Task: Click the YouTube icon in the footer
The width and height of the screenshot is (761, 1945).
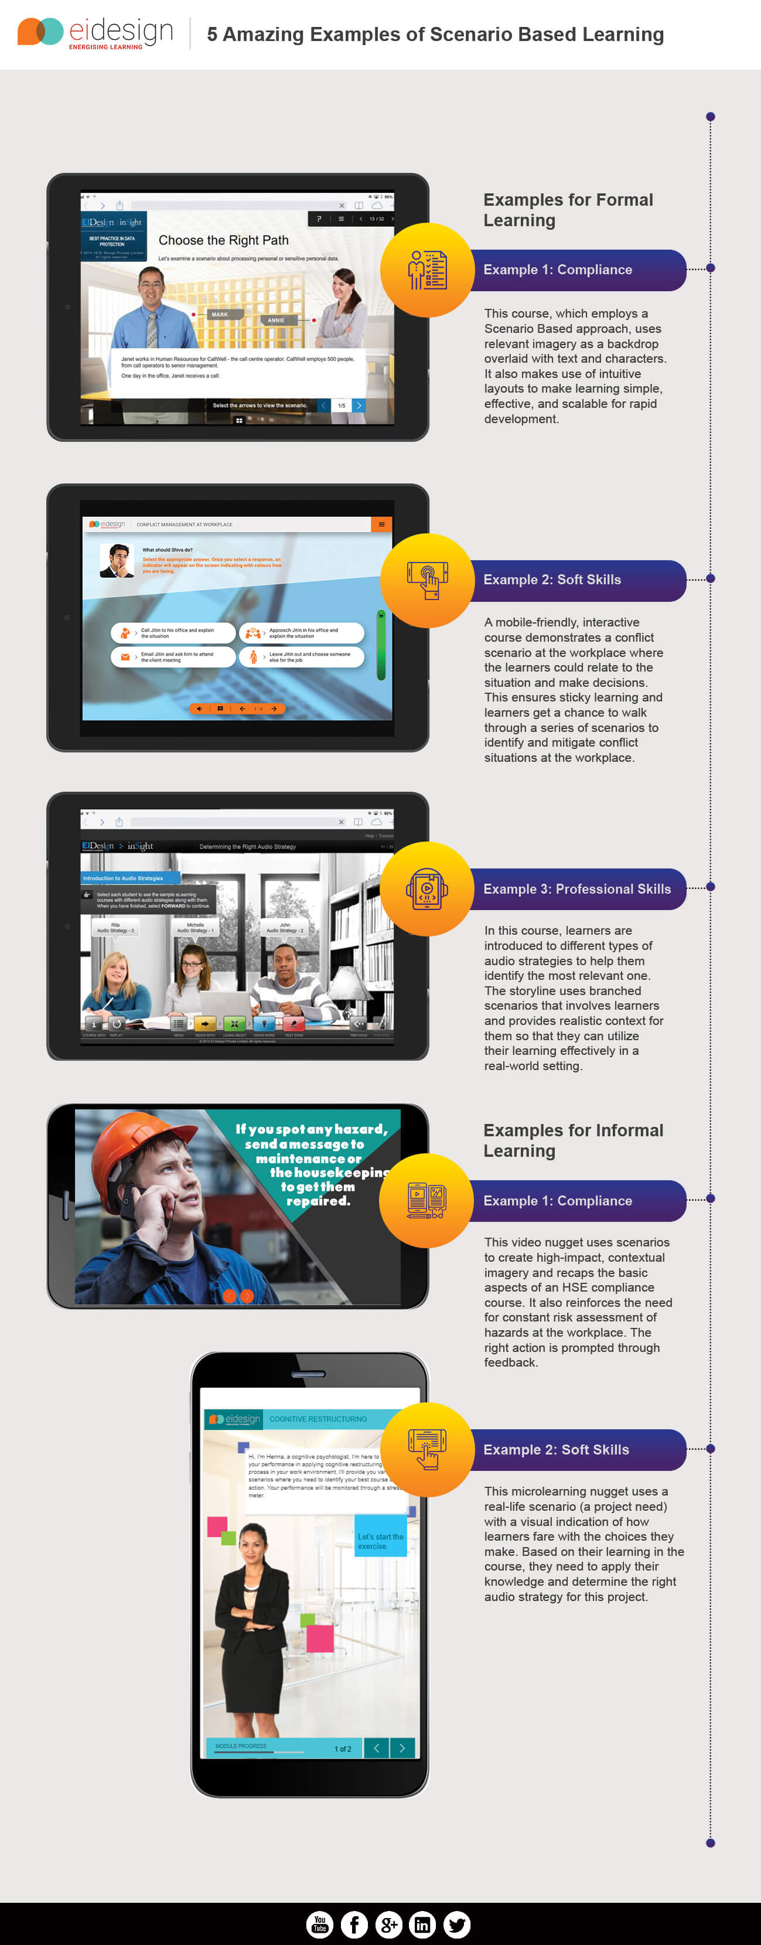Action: tap(319, 1924)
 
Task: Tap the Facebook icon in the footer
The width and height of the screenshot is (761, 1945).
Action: tap(354, 1924)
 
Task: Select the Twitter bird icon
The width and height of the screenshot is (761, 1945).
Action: tap(457, 1924)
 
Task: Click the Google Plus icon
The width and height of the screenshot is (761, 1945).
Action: tap(388, 1924)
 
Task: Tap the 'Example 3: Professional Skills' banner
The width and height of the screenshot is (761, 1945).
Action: tap(577, 888)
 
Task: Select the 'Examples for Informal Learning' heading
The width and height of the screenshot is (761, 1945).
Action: tap(573, 1140)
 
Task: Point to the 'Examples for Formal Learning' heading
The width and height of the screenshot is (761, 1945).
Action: tap(568, 210)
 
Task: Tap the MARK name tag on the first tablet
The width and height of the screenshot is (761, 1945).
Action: tap(220, 314)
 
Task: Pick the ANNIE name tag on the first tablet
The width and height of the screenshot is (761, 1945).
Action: tap(277, 320)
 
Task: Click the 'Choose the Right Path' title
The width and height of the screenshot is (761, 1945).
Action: tap(223, 240)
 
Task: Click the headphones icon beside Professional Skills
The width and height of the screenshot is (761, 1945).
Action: tap(427, 888)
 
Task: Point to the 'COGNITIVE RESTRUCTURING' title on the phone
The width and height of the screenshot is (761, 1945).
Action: tap(318, 1419)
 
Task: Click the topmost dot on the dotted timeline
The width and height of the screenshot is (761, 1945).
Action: tap(711, 116)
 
